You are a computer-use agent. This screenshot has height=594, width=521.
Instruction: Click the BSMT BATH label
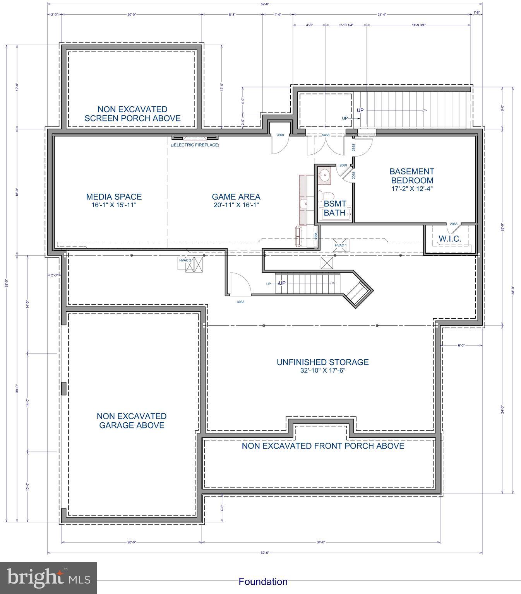click(335, 208)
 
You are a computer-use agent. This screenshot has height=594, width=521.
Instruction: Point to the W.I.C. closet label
click(450, 239)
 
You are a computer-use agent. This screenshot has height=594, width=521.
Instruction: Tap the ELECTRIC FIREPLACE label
click(195, 145)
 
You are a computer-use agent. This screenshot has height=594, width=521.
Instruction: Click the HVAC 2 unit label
click(185, 260)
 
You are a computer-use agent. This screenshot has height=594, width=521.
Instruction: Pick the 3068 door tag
click(240, 302)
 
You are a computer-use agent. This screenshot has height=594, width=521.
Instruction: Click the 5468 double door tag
click(326, 135)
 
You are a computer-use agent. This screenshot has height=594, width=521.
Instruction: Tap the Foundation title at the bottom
click(263, 582)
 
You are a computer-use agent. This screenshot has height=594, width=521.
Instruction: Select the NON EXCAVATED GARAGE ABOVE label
click(132, 421)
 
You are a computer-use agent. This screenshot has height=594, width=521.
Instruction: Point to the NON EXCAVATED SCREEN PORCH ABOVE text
click(132, 114)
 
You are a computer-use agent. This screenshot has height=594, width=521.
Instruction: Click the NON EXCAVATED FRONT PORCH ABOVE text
click(323, 446)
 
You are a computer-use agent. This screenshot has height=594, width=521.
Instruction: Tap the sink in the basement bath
click(324, 176)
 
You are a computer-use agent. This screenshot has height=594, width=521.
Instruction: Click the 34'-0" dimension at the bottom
click(320, 542)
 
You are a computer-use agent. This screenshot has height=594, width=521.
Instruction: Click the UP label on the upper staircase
click(360, 110)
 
